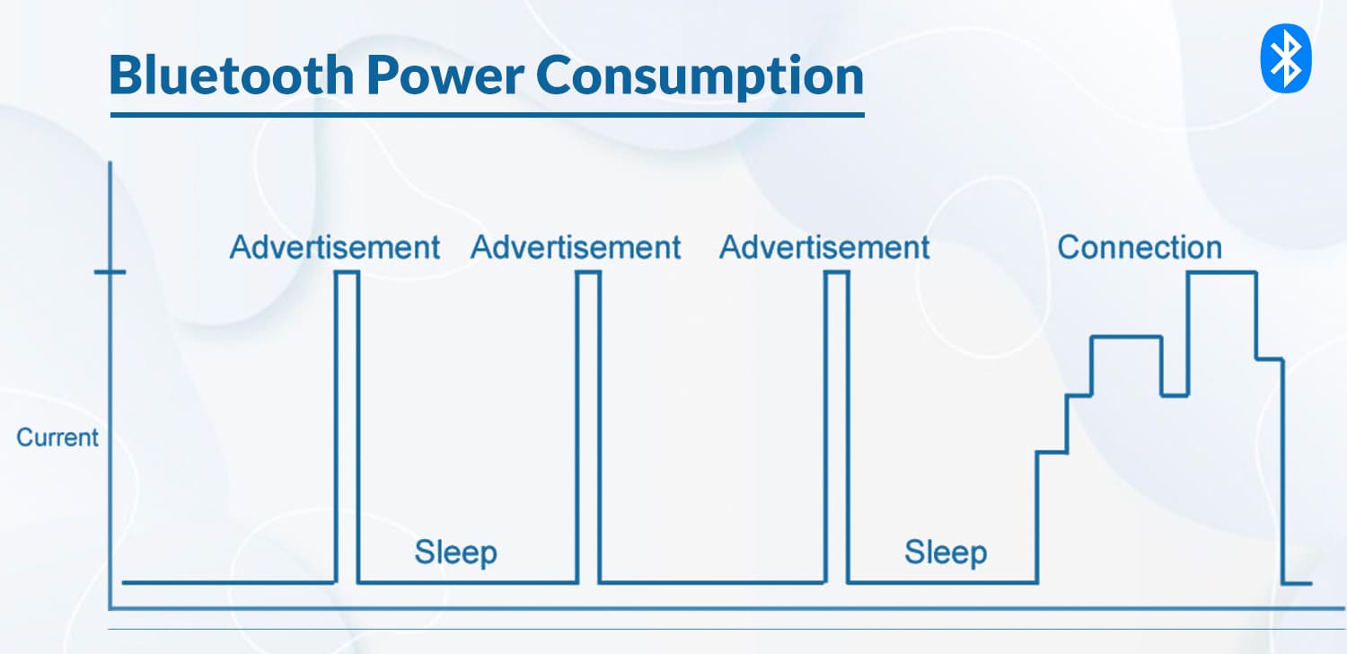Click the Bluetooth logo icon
(x=1286, y=58)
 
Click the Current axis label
(x=57, y=437)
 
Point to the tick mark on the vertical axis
(x=110, y=272)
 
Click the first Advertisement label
(x=334, y=247)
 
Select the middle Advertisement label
(x=576, y=247)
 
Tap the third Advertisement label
(x=824, y=247)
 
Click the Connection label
(x=1140, y=247)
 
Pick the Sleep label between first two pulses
(x=455, y=552)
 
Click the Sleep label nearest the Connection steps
(x=946, y=552)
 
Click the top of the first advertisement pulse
(x=348, y=272)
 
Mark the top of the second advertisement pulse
(x=588, y=272)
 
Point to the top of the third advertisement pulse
(x=836, y=272)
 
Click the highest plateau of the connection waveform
(x=1221, y=272)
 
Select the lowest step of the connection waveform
(x=1052, y=452)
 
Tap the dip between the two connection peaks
(x=1175, y=395)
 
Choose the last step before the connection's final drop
(x=1269, y=359)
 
